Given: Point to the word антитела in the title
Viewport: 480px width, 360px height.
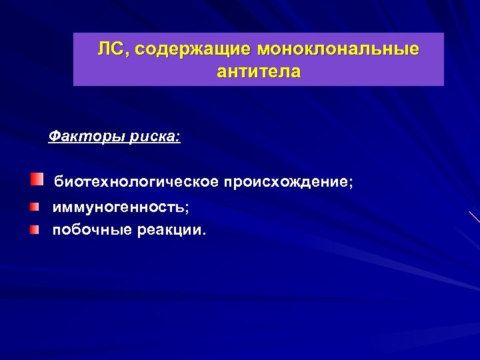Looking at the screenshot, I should [x=259, y=71].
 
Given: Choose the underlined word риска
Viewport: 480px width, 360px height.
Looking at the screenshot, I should [x=152, y=137].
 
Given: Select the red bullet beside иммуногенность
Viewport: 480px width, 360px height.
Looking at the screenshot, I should [x=33, y=207].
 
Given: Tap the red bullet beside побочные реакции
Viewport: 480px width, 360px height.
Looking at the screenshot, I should [x=33, y=230].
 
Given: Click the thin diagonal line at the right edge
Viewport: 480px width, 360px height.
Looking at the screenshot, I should [x=474, y=217].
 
